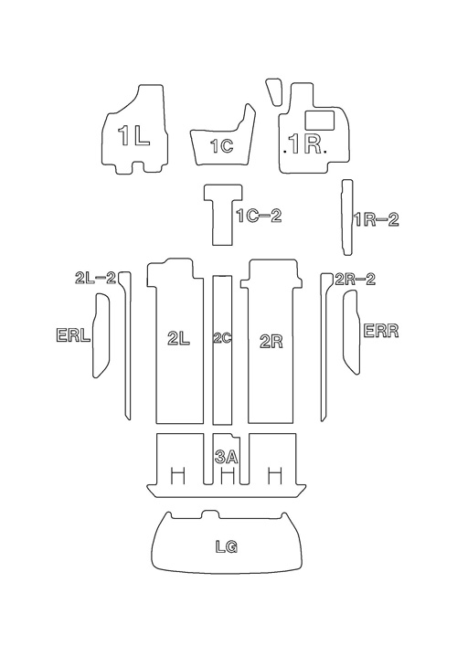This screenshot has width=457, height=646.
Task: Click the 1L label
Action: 133,135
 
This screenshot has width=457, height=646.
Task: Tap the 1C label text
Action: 222,146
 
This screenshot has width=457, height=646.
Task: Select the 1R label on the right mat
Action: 305,143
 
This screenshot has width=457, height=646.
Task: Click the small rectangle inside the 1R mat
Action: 320,120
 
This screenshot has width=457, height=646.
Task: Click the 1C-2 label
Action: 260,216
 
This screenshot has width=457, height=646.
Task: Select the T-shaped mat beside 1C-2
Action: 223,215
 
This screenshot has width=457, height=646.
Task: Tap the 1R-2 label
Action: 377,219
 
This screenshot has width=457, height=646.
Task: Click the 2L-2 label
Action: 95,278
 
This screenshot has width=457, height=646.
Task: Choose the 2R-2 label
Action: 356,279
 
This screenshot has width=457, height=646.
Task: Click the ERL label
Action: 73,335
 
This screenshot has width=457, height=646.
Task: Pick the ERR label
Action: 381,331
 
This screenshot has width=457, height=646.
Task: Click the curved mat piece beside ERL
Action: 101,335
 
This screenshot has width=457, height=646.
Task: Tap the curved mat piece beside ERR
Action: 352,332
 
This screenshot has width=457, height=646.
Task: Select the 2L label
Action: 178,339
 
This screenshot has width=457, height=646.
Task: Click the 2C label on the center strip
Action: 222,338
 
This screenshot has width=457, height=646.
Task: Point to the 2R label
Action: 271,341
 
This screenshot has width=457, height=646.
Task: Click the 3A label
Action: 227,457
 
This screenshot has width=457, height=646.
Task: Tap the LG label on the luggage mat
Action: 227,546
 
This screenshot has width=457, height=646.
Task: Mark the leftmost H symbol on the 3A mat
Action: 177,476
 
